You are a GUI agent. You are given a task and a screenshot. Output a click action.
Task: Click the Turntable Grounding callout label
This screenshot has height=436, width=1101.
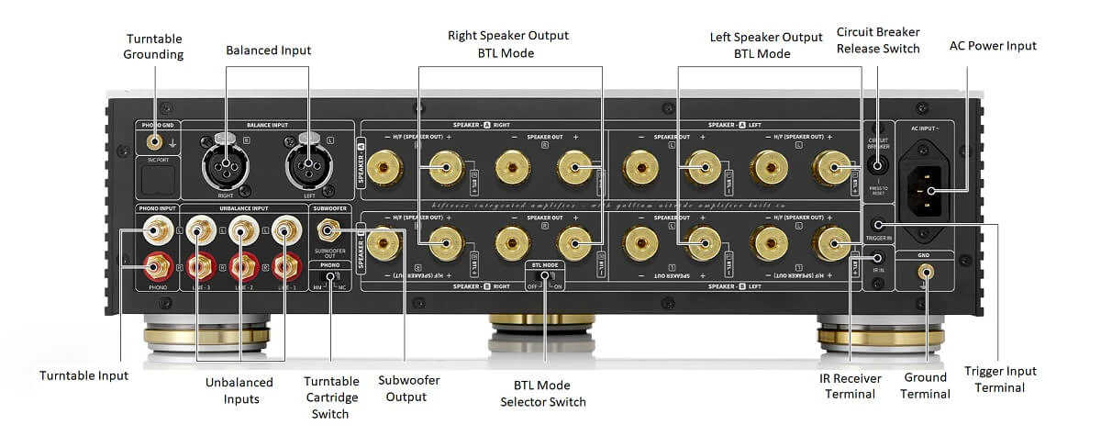click(155, 46)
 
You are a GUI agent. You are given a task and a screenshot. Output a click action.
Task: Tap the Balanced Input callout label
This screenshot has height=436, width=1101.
click(268, 50)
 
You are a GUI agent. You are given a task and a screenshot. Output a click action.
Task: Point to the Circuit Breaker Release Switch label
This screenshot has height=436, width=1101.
click(877, 39)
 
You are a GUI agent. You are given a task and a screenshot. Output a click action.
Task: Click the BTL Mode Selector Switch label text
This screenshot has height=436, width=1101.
click(542, 393)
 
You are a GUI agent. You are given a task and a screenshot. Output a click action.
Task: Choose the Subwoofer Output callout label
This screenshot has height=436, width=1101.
click(405, 387)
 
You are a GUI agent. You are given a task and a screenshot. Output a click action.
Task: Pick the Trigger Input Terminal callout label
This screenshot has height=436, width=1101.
click(1000, 378)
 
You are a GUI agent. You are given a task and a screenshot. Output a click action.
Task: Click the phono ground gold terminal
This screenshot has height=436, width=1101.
click(154, 142)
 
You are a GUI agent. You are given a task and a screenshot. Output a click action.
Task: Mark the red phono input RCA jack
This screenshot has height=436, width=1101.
click(153, 267)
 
